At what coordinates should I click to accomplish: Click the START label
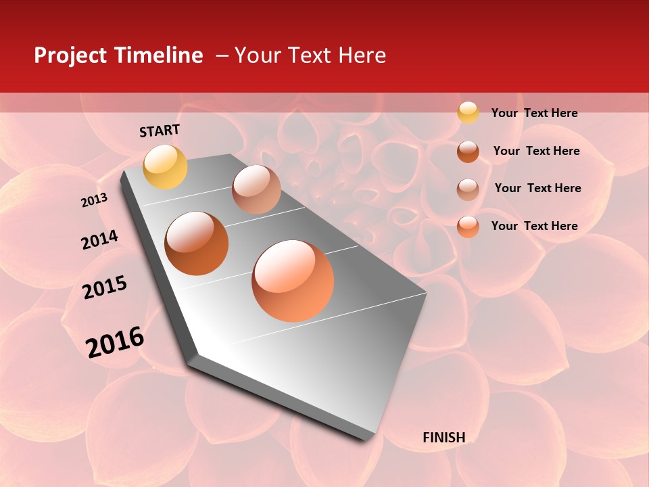(160, 131)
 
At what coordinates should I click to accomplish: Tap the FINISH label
(443, 438)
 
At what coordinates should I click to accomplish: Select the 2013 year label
(95, 200)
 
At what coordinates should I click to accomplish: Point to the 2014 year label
(99, 240)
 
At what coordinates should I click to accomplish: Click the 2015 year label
(105, 287)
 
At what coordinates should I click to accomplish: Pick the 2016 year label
(115, 342)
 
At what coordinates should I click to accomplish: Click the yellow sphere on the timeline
(166, 166)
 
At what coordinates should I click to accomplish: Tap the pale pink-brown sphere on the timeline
(256, 189)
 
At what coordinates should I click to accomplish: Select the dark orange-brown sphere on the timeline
(197, 243)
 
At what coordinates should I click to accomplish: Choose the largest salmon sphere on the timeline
(293, 281)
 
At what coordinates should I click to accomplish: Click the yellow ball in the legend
(468, 112)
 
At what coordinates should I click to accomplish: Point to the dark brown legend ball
(468, 151)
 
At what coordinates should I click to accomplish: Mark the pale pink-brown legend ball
(468, 189)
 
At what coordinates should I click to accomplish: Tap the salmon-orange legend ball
(468, 227)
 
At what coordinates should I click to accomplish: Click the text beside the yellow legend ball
(534, 114)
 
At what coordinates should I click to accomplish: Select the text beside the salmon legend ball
(534, 226)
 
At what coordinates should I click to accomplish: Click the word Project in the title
(70, 55)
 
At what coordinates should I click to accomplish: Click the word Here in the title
(362, 55)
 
